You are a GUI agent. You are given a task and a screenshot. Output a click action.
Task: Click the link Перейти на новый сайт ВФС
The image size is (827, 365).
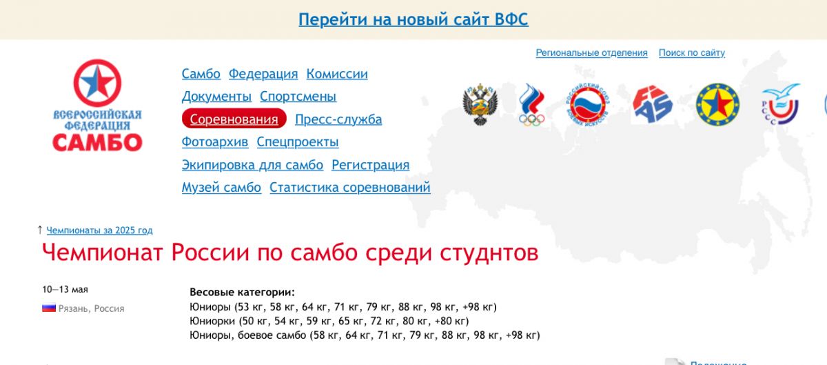[x=413, y=19]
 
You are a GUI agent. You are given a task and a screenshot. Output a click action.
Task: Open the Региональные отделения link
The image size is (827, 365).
[x=591, y=53]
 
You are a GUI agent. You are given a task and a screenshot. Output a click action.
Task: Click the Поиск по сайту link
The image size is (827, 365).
[x=692, y=53]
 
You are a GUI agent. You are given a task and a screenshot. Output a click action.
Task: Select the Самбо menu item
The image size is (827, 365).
[x=201, y=74]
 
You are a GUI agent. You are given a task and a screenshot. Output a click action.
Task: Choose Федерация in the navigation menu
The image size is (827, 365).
[x=263, y=74]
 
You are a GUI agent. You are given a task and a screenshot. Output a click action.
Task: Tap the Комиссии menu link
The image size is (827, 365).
[x=337, y=74]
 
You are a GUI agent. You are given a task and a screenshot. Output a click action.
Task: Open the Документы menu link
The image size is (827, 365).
[x=216, y=97]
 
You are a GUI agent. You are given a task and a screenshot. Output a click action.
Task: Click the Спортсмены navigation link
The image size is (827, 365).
[x=298, y=97]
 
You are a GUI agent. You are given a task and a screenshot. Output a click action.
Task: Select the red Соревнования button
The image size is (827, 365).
[x=234, y=119]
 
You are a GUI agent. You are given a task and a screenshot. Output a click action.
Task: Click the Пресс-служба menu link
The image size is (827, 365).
[x=338, y=119]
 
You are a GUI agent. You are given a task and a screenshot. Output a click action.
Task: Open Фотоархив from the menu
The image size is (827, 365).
[x=215, y=142]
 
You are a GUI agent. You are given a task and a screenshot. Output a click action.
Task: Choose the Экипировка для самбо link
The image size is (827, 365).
[x=252, y=165]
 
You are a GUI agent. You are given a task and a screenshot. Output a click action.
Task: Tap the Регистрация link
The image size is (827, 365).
[x=370, y=165]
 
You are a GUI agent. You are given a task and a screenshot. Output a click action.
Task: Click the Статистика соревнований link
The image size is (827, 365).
[x=350, y=188]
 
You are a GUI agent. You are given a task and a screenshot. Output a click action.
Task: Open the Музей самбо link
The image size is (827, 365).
[x=221, y=188]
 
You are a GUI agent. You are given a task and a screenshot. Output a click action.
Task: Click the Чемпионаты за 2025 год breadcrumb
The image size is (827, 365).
[x=99, y=230]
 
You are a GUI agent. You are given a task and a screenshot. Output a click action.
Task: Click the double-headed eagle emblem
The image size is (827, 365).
[x=480, y=104]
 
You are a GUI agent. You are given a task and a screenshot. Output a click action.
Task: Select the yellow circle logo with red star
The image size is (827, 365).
[x=717, y=104]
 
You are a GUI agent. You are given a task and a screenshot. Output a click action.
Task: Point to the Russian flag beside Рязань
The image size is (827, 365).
[x=49, y=308]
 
